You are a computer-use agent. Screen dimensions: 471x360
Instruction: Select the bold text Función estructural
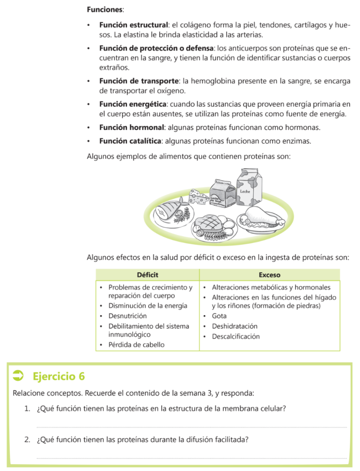tap(133, 25)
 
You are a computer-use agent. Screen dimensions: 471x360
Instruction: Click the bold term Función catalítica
tap(130, 141)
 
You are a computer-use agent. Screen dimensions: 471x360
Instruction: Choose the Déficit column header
tap(147, 275)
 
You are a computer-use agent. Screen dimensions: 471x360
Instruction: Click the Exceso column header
tap(269, 275)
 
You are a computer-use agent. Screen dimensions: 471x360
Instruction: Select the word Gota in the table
tap(219, 316)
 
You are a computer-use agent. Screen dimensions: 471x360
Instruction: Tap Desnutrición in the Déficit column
tap(128, 316)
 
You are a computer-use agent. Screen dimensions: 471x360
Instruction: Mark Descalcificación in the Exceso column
tap(236, 336)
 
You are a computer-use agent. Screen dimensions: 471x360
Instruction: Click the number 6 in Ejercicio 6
tap(82, 376)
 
